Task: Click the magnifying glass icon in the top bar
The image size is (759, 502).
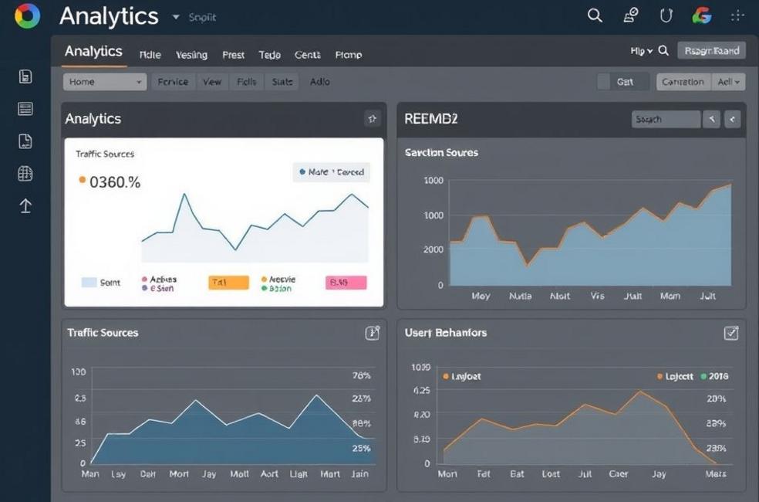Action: tap(595, 15)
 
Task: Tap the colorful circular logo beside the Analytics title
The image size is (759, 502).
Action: tap(27, 15)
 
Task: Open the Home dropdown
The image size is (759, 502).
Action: tap(104, 82)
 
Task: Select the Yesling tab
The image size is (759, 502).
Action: tap(191, 55)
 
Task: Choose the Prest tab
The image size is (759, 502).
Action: tap(233, 55)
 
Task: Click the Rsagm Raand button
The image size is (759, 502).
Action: tap(711, 51)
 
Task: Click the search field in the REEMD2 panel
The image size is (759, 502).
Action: tap(666, 119)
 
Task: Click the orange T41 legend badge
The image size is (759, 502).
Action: tap(229, 283)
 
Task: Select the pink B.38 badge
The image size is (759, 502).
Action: tap(346, 283)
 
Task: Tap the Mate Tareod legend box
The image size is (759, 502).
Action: tap(332, 172)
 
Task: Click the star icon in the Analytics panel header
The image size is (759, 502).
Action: tap(373, 118)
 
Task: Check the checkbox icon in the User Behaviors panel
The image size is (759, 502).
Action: tap(731, 333)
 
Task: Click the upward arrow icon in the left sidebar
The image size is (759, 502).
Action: tap(25, 205)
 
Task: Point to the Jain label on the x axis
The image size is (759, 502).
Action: tap(359, 473)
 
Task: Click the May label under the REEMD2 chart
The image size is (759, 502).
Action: tap(481, 296)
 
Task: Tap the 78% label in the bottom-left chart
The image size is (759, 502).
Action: tap(361, 375)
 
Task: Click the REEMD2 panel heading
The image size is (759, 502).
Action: tap(431, 119)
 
